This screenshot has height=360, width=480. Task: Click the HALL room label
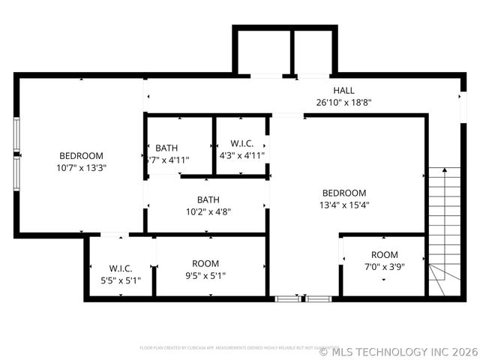tap(343, 91)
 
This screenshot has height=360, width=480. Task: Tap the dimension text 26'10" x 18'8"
tap(343, 103)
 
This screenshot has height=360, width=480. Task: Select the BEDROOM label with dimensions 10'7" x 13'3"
tap(81, 156)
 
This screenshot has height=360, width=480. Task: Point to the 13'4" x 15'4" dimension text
tap(344, 205)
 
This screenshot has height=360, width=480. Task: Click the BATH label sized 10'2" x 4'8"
tap(208, 199)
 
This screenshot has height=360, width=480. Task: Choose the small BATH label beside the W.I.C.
tap(166, 148)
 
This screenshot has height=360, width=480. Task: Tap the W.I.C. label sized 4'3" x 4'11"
tap(241, 143)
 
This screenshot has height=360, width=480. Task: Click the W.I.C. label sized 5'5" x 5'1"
tap(121, 268)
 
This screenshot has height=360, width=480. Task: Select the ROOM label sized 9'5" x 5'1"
tap(205, 263)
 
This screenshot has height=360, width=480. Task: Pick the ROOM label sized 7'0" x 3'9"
tap(385, 255)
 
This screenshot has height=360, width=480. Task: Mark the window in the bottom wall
tap(303, 298)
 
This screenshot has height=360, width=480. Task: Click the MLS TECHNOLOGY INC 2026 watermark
tap(398, 351)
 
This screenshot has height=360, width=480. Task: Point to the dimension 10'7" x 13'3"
tap(81, 168)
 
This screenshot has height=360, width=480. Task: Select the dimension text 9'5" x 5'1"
tap(205, 275)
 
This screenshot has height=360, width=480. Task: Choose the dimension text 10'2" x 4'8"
tap(208, 211)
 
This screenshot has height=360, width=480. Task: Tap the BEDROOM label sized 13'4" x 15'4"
tap(344, 193)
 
